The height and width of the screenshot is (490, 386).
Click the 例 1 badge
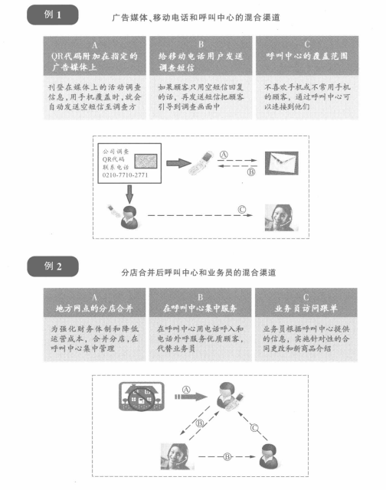[x=53, y=15]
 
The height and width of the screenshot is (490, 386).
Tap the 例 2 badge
[x=53, y=266]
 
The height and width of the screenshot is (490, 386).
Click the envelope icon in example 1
[x=282, y=163]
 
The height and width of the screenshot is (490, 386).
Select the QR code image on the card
[x=146, y=161]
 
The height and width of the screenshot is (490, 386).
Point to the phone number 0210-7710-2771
[x=125, y=175]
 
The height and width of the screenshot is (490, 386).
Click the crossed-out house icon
[x=142, y=397]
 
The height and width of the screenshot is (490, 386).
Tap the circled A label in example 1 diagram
[x=224, y=155]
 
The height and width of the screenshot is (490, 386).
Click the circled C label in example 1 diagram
[x=241, y=209]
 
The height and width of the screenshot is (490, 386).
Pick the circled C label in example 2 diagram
[x=254, y=428]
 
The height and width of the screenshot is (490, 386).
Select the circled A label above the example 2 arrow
[x=186, y=390]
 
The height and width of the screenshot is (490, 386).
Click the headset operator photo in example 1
[x=280, y=217]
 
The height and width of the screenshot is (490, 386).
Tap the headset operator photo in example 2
[x=176, y=456]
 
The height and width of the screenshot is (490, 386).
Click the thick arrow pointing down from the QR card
[x=129, y=194]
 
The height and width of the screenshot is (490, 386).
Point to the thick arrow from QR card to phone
[x=178, y=163]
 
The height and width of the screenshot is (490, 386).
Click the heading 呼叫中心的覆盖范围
[x=307, y=56]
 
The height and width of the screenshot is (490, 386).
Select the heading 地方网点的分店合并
[x=94, y=309]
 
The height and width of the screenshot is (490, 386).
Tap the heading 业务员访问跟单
[x=306, y=309]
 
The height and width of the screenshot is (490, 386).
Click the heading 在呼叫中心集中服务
[x=200, y=309]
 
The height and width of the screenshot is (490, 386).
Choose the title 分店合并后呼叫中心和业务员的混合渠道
[x=198, y=273]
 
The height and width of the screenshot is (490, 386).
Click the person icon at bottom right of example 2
[x=269, y=456]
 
